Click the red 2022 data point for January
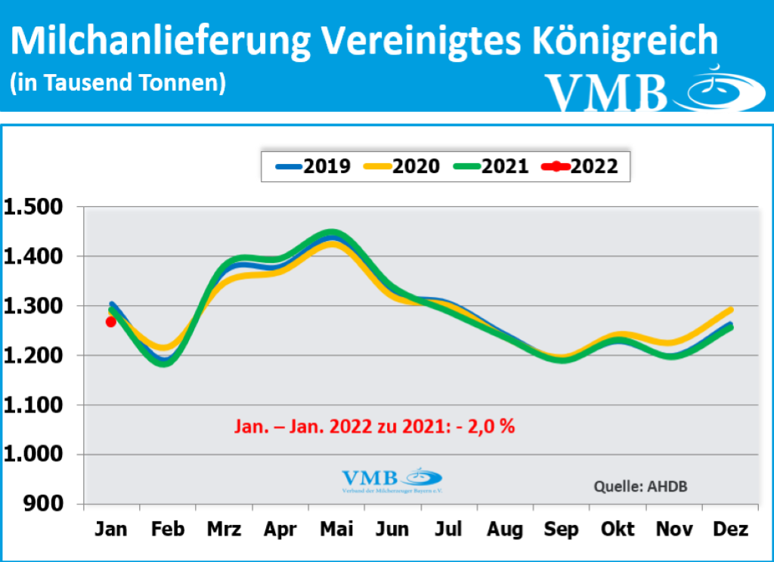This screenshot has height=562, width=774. (111, 322)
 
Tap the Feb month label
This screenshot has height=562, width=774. (167, 530)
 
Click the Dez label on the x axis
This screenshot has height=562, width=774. (731, 530)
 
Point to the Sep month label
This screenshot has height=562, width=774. (562, 530)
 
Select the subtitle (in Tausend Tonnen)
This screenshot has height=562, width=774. (118, 83)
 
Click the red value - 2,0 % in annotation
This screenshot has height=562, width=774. (487, 426)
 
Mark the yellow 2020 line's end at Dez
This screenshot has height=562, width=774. (730, 310)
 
